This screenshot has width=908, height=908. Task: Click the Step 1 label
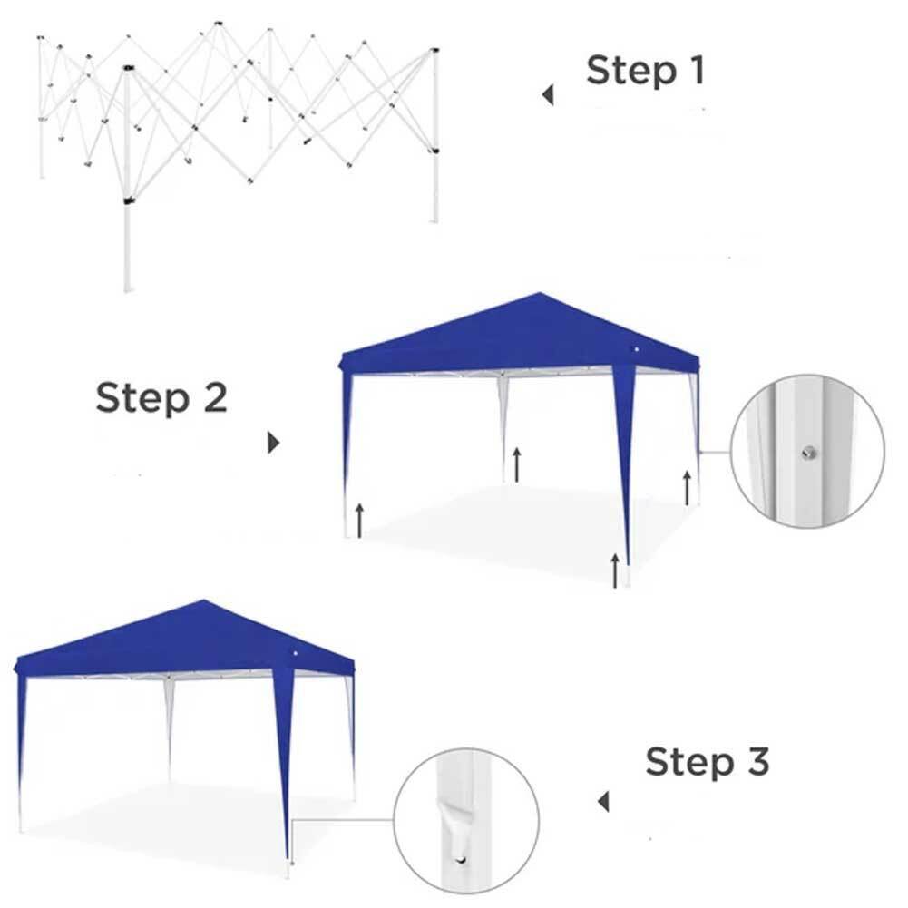point(645,71)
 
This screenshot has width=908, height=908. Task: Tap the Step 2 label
point(161,397)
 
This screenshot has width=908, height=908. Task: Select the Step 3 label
point(708,762)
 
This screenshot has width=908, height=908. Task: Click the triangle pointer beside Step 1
point(548,95)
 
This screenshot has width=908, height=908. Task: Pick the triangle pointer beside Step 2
point(274,444)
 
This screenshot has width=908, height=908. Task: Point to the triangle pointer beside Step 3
point(603,802)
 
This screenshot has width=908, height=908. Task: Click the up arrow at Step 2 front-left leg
point(359,520)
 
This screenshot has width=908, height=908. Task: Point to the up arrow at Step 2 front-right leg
point(616,570)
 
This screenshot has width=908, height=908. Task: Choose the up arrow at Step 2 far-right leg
point(688,487)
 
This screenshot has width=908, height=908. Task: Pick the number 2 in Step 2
point(215,397)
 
